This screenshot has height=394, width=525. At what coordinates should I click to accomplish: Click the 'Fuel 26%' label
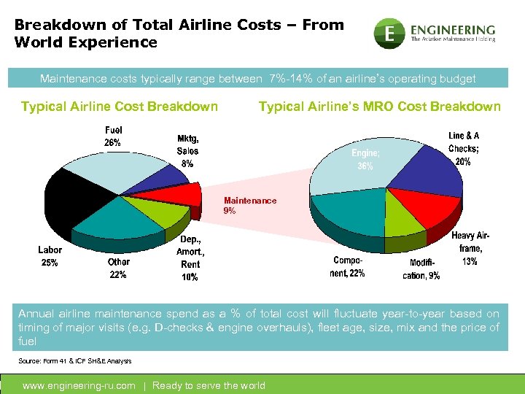pyautogui.click(x=113, y=136)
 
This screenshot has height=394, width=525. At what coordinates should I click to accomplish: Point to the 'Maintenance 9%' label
pyautogui.click(x=250, y=205)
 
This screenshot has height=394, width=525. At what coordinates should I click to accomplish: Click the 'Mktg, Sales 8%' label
pyautogui.click(x=187, y=151)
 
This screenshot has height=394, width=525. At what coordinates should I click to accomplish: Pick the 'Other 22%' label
pyautogui.click(x=117, y=268)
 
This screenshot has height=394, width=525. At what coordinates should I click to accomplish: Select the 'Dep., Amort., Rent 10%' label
pyautogui.click(x=190, y=258)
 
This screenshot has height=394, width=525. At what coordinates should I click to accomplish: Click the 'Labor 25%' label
pyautogui.click(x=50, y=256)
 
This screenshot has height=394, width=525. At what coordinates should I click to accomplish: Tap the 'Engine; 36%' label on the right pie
pyautogui.click(x=365, y=160)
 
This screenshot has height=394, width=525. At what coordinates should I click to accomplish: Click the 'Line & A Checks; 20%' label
pyautogui.click(x=463, y=148)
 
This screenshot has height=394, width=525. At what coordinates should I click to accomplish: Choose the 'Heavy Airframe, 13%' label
pyautogui.click(x=470, y=248)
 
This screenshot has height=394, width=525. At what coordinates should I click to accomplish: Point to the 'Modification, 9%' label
pyautogui.click(x=421, y=269)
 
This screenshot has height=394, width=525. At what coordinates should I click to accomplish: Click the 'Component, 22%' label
pyautogui.click(x=349, y=266)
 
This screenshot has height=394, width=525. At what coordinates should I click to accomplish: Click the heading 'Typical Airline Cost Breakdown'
pyautogui.click(x=120, y=107)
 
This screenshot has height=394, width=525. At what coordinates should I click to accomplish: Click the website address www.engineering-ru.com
pyautogui.click(x=79, y=385)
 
